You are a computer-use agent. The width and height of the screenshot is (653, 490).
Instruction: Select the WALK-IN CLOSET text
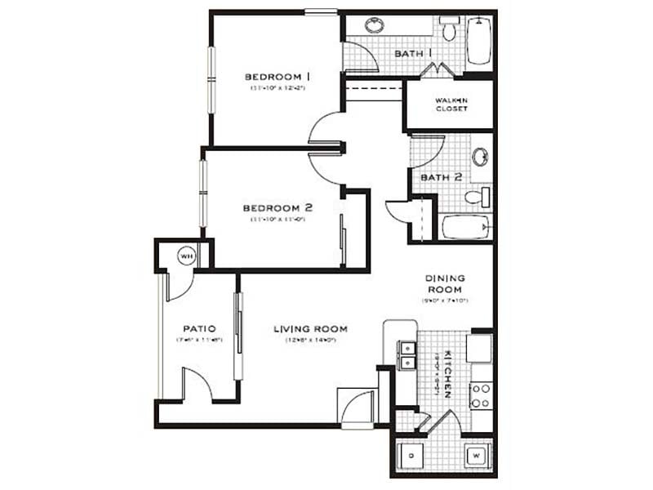[x=451, y=104]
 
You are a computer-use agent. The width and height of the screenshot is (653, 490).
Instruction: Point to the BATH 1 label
[x=413, y=53]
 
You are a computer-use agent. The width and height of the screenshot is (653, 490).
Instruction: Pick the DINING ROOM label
[x=444, y=283]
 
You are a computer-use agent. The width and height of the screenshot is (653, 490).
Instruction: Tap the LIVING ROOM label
[x=310, y=329]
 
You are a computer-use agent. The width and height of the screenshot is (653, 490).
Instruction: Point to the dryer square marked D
[x=411, y=454]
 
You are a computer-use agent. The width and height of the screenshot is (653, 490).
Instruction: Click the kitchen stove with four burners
[x=481, y=395]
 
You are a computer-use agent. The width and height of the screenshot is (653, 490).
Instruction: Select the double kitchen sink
[x=406, y=356]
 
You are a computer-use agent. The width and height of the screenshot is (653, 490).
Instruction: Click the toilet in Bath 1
[x=448, y=30]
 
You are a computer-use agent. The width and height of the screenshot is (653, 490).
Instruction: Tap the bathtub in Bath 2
[x=466, y=226]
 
